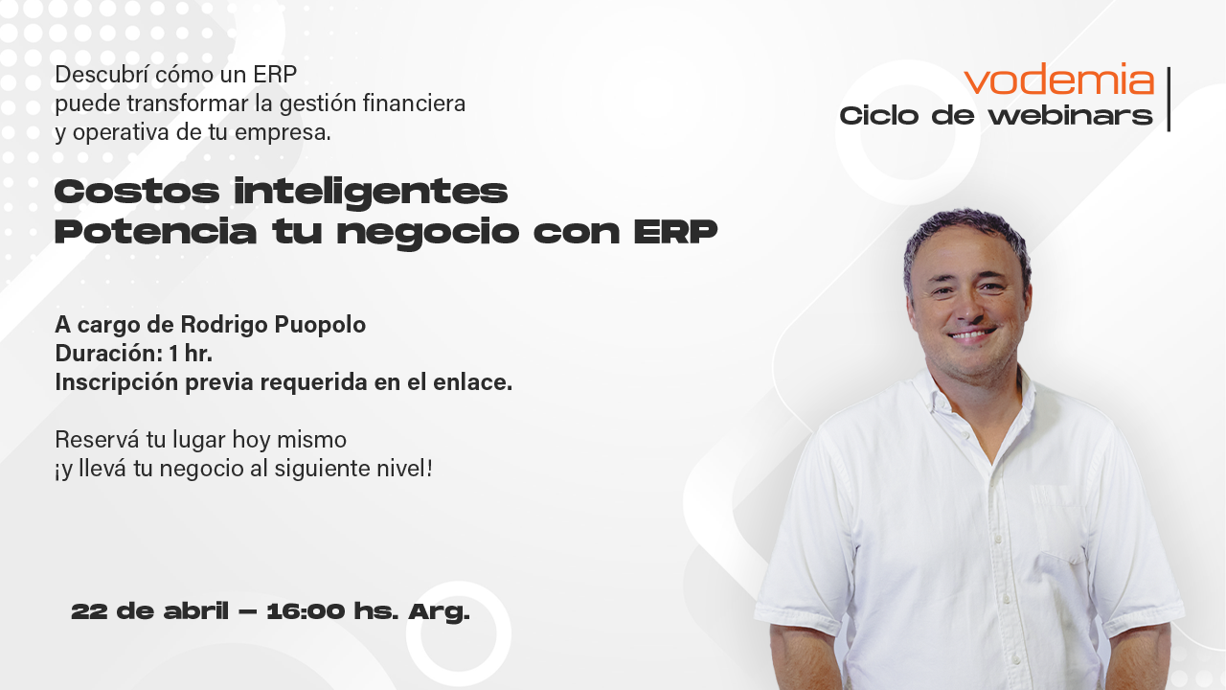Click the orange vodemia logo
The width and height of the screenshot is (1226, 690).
(x=1058, y=80)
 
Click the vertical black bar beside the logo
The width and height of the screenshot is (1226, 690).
(x=1169, y=99)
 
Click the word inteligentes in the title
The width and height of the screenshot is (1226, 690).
(x=371, y=193)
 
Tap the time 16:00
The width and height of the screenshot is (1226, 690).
(x=306, y=611)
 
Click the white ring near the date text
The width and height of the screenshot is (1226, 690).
(x=458, y=633)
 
